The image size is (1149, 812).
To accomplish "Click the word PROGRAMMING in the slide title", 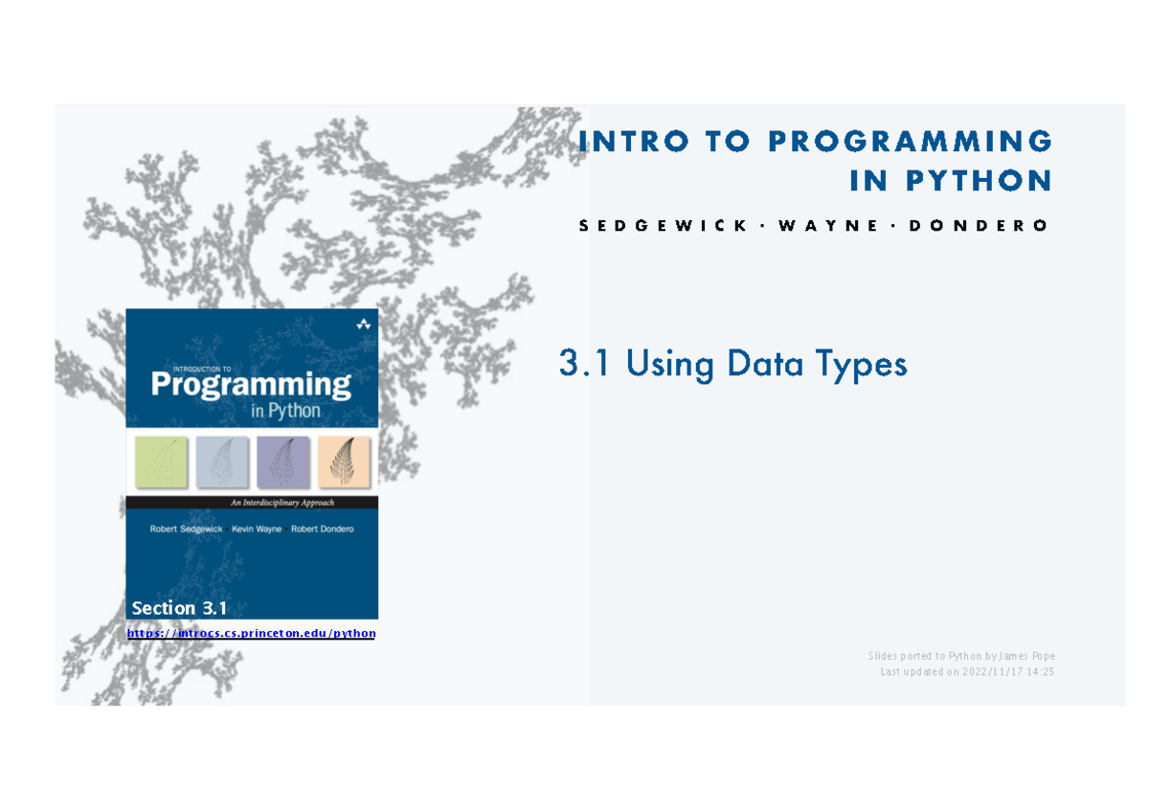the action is pyautogui.click(x=910, y=141).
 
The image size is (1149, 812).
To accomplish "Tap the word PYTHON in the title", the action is pyautogui.click(x=979, y=181).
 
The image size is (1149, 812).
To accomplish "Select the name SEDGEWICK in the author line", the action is pyautogui.click(x=663, y=226).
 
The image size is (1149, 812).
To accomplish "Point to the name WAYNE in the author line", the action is pyautogui.click(x=828, y=226).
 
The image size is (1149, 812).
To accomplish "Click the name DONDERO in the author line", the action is pyautogui.click(x=979, y=226).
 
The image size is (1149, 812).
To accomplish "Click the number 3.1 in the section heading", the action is pyautogui.click(x=584, y=363).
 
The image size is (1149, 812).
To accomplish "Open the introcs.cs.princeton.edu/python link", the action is pyautogui.click(x=251, y=634).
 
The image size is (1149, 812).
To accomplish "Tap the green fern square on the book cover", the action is pyautogui.click(x=161, y=462).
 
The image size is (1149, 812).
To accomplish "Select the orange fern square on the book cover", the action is pyautogui.click(x=344, y=462).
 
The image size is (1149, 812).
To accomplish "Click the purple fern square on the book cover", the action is pyautogui.click(x=282, y=462).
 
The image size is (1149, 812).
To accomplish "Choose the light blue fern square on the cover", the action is pyautogui.click(x=221, y=462).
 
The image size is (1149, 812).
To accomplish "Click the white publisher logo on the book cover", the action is pyautogui.click(x=364, y=324).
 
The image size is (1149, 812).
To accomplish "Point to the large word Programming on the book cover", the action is pyautogui.click(x=251, y=385).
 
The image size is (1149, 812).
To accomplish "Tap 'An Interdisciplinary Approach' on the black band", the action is pyautogui.click(x=282, y=503).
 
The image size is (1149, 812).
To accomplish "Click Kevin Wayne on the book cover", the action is pyautogui.click(x=257, y=529).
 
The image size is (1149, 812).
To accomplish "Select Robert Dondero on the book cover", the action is pyautogui.click(x=322, y=529).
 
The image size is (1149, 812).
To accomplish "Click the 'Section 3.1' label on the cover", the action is pyautogui.click(x=179, y=608).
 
